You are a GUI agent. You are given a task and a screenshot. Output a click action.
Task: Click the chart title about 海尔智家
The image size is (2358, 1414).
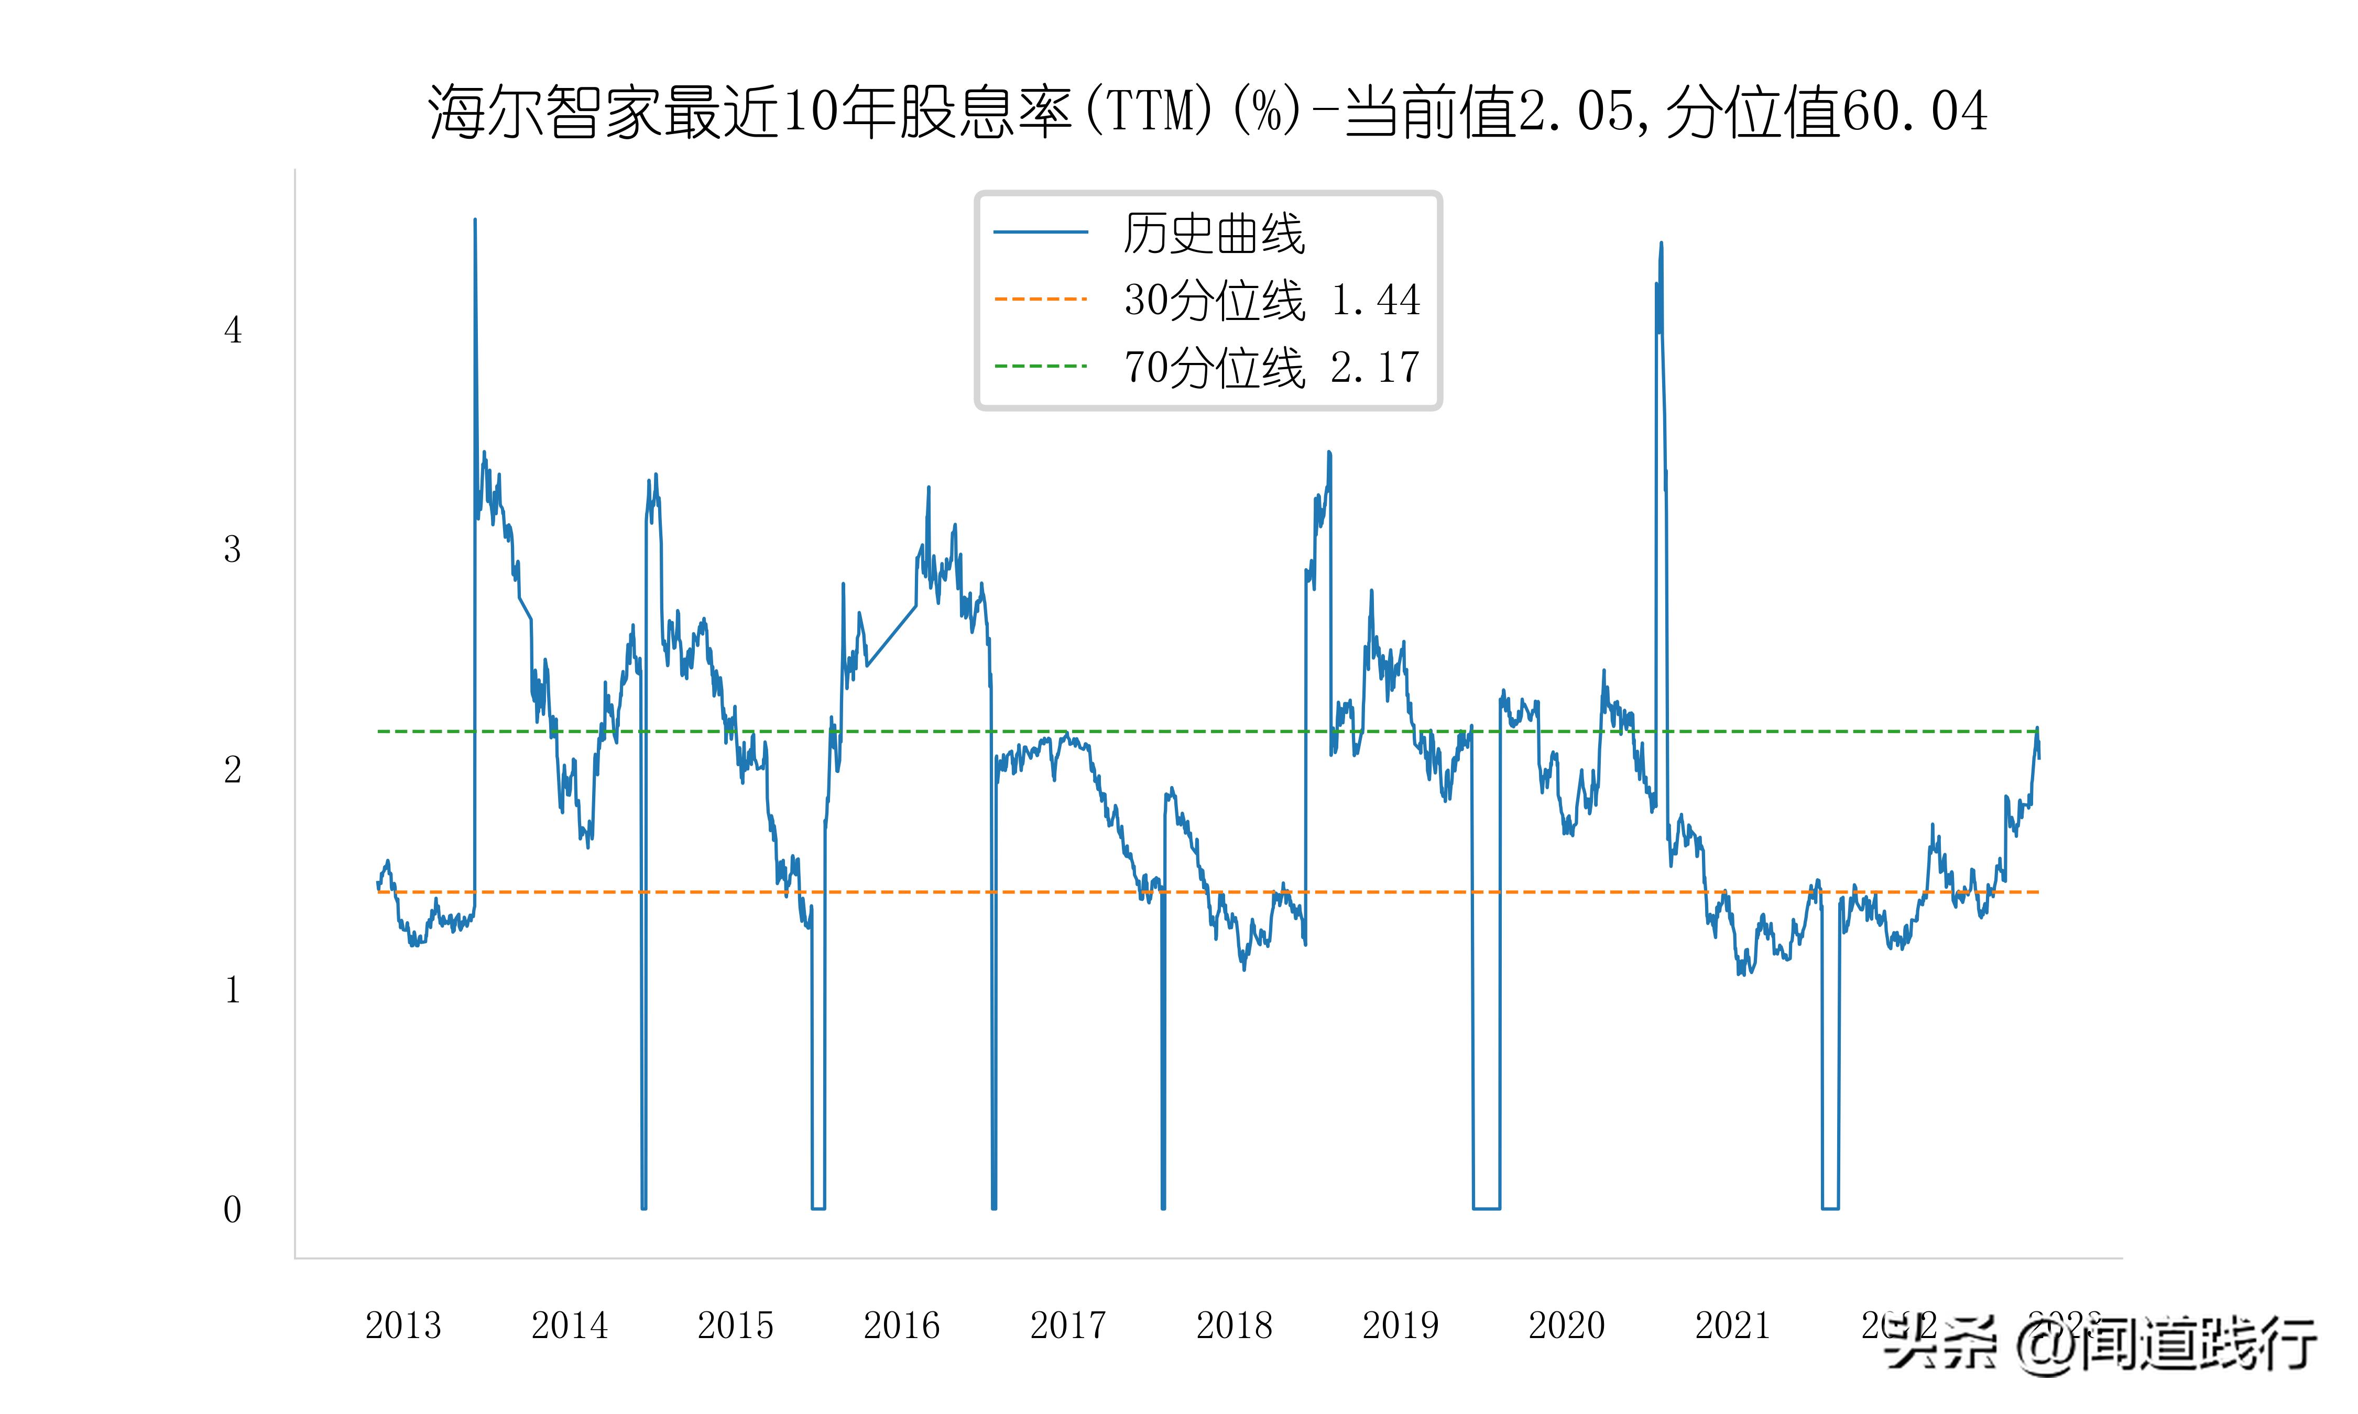pyautogui.click(x=1207, y=112)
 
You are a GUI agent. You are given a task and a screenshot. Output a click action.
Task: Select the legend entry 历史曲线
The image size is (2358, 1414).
pyautogui.click(x=1213, y=234)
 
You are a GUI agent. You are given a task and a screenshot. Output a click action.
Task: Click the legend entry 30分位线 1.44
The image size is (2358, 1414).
pyautogui.click(x=1271, y=300)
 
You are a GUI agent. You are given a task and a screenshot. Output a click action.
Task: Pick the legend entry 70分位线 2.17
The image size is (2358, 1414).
pyautogui.click(x=1271, y=367)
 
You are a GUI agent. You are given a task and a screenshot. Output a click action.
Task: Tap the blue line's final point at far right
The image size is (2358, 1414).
pyautogui.click(x=2039, y=757)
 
